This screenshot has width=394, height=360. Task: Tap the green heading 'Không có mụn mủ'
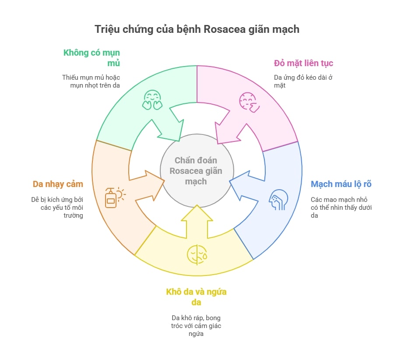point(92,57)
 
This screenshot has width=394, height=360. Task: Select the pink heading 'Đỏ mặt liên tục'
point(303,63)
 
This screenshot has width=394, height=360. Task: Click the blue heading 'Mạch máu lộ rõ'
point(341,184)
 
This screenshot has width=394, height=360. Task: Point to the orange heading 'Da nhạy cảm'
point(58,184)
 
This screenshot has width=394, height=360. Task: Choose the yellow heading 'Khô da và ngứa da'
point(196,297)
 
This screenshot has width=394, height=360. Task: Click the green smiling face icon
point(152,100)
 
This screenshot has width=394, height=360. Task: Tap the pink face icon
point(249,102)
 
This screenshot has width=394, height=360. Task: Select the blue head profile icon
point(278,200)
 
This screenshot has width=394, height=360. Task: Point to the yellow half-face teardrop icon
point(197,254)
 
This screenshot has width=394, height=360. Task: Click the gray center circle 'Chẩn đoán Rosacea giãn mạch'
point(197,171)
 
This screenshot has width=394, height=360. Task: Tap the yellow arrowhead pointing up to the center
point(197,214)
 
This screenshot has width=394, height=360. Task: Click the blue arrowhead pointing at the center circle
point(240,185)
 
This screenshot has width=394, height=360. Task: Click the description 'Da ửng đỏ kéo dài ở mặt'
point(303,81)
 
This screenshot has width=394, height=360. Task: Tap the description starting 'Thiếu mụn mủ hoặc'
point(91,81)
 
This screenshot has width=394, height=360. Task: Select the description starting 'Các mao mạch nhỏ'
point(341,208)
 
